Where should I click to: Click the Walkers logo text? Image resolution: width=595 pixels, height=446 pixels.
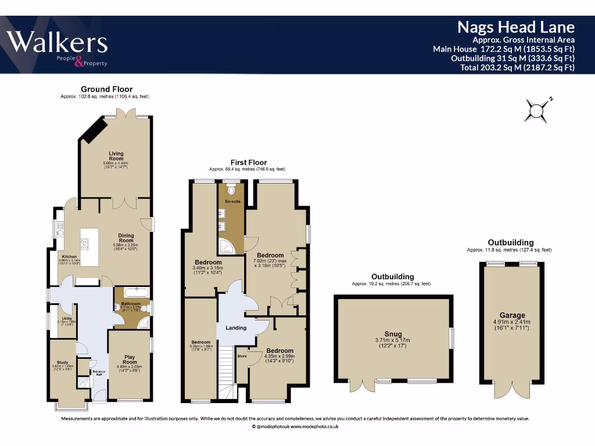[x=56, y=43]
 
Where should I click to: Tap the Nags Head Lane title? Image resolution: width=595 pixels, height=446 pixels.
[x=515, y=27]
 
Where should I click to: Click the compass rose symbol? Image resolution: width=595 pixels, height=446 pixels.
[x=537, y=109]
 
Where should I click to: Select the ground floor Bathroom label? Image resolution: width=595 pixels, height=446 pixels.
[x=131, y=303]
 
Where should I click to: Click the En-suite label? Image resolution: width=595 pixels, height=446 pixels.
[x=232, y=202]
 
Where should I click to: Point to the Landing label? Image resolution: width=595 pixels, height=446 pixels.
[x=236, y=328]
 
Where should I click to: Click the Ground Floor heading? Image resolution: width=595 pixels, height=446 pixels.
[x=106, y=89]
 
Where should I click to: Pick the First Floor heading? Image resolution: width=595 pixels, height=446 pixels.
[x=248, y=163]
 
